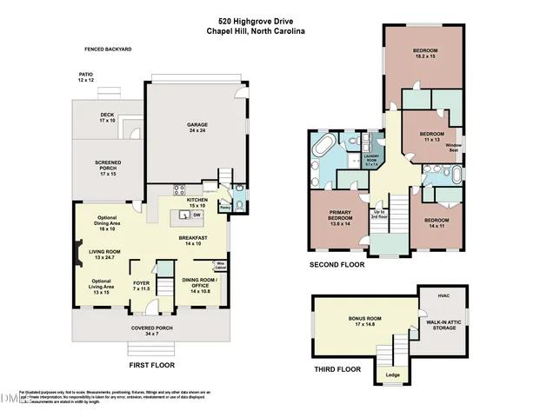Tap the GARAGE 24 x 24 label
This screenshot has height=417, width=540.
click(197, 127)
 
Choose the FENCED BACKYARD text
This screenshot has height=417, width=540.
click(108, 50)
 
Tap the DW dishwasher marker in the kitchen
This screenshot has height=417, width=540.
click(197, 214)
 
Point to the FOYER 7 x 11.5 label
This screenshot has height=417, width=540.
click(142, 286)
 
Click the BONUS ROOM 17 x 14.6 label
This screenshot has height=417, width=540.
click(350, 321)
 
